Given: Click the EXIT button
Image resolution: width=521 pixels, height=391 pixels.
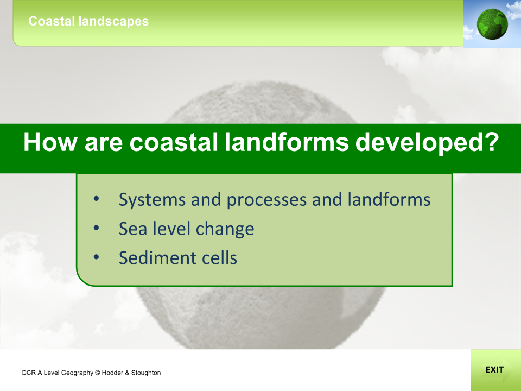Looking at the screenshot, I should (494, 370).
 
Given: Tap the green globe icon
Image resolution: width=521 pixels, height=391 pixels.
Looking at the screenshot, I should (492, 23).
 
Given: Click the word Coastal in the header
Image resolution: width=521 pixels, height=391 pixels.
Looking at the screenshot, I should (48, 22).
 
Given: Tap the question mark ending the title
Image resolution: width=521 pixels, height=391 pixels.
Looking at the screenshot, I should (490, 143).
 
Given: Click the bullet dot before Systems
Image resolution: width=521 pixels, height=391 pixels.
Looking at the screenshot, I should (96, 199).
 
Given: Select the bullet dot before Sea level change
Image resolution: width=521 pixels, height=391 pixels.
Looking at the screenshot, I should (96, 229).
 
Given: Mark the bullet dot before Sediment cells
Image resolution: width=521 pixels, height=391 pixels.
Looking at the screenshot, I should (96, 257).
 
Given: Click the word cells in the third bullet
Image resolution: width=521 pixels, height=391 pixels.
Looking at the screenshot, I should (219, 257).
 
